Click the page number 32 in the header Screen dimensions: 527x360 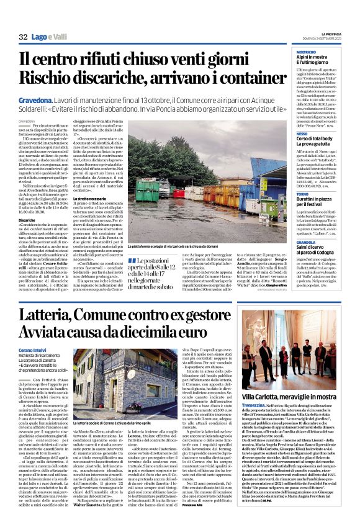[24, 38]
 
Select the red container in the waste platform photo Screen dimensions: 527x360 [178, 192]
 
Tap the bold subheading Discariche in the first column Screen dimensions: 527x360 [27, 220]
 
